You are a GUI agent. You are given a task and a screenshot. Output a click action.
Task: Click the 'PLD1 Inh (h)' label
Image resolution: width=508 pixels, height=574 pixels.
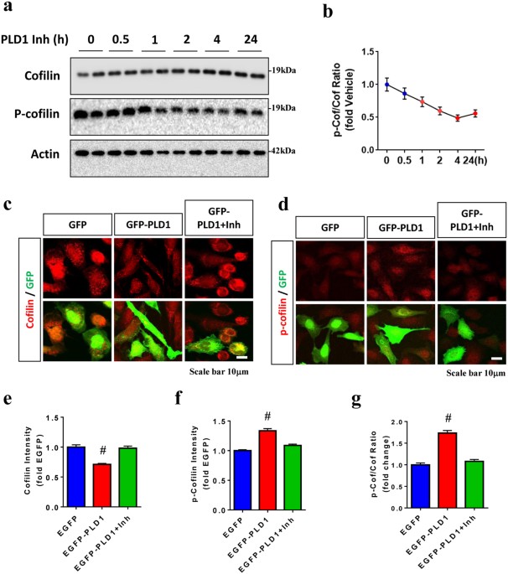[34, 39]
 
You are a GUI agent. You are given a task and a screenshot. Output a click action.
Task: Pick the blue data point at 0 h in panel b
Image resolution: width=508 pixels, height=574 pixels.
[386, 85]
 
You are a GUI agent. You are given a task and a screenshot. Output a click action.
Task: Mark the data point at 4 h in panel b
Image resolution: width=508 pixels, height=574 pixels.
[458, 118]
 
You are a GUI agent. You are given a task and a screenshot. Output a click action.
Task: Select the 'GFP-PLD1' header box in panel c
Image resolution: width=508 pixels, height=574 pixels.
[143, 225]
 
